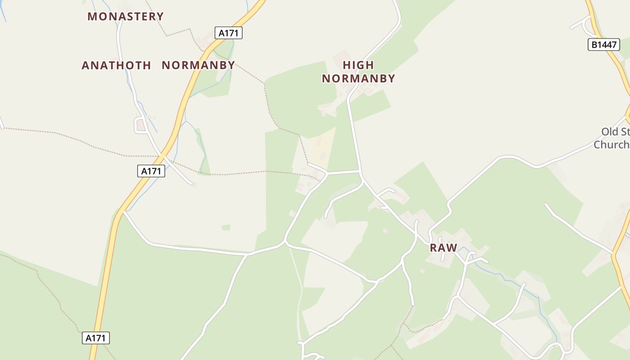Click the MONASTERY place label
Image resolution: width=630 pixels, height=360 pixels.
126,17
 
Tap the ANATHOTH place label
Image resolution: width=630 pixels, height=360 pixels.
116,66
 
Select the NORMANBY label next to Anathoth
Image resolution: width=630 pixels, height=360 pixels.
198,65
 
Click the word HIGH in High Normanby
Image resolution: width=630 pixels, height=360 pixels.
358,65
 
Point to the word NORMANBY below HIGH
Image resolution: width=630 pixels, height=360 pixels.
358,79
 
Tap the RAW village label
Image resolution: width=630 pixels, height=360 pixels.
443,248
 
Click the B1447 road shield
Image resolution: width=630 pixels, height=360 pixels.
603,45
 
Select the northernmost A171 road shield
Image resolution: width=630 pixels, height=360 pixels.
229,33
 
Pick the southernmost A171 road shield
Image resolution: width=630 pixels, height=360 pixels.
96,338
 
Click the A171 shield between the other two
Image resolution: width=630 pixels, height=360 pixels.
151,171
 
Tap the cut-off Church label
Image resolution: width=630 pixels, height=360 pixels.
611,144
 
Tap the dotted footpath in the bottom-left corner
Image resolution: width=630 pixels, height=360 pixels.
45,283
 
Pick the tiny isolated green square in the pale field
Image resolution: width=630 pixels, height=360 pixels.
226,228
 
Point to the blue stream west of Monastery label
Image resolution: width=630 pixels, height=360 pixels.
4,13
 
